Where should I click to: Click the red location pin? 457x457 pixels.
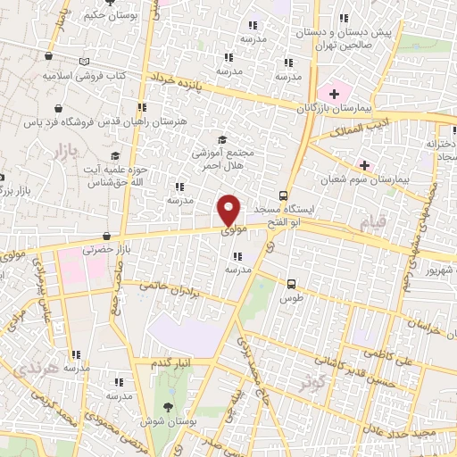point(229,210)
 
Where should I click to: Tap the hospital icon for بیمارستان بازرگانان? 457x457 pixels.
point(335,93)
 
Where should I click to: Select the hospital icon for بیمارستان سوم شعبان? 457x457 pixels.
point(364,164)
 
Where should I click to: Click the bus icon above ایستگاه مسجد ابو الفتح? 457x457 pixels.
point(283,195)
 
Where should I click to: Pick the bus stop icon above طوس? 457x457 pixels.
point(290,284)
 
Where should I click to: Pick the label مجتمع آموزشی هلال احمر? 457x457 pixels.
point(223,158)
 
